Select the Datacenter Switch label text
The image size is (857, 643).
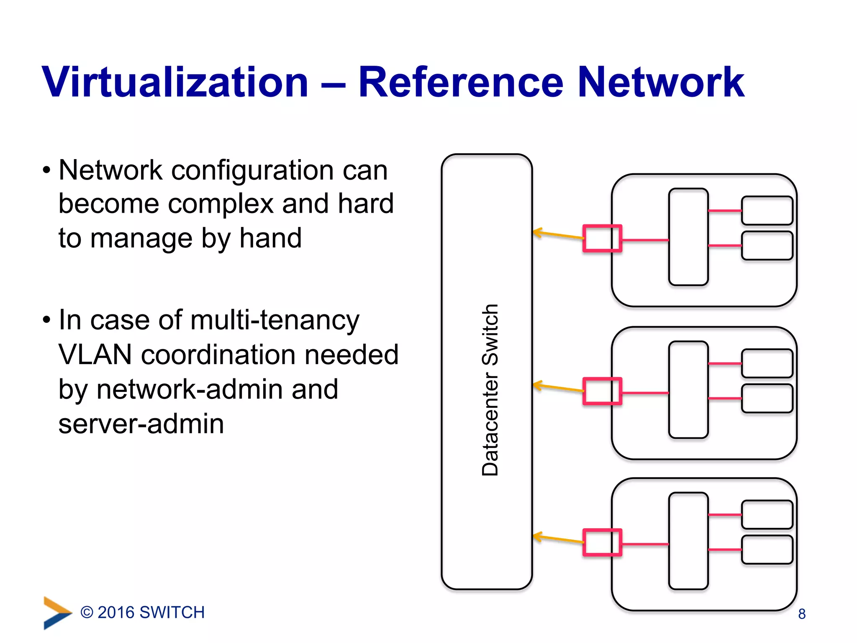[490, 390]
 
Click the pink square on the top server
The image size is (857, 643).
[602, 238]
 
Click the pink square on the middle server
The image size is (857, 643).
[602, 391]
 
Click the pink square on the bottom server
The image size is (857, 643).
[602, 542]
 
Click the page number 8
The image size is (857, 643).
[802, 614]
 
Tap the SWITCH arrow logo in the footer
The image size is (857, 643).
[57, 612]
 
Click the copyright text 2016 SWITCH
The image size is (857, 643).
[143, 612]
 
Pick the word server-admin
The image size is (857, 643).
[141, 424]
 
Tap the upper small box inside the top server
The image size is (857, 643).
[767, 211]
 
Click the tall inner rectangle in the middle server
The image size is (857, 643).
[688, 390]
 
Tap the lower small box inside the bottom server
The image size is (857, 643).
[767, 549]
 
